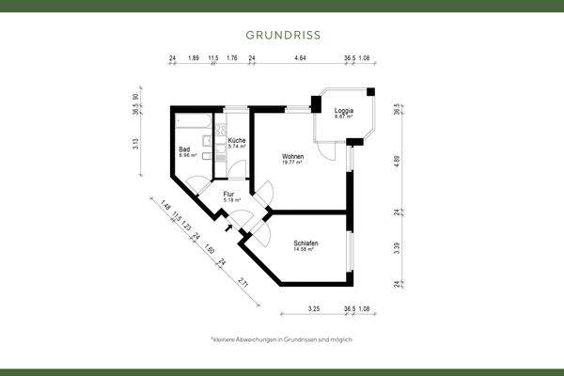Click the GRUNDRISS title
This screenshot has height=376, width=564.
coord(282,35)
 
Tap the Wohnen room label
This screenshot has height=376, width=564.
coord(292,155)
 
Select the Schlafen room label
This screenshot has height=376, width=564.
coord(305,243)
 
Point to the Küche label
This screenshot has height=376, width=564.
coord(236,140)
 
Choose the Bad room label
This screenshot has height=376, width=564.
coord(185,149)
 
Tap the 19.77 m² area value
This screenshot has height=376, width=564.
coord(292,163)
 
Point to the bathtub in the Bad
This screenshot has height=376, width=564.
coord(193,120)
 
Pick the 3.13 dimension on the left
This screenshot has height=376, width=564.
coord(135,144)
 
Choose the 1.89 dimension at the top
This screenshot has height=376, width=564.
coord(194,58)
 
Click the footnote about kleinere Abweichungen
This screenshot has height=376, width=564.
coord(282,338)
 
